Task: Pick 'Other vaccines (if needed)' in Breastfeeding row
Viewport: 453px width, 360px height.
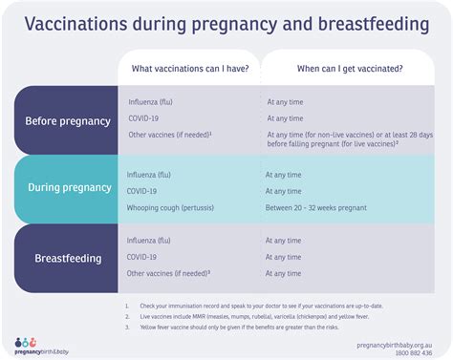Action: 168,273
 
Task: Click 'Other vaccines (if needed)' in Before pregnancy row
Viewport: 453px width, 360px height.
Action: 168,135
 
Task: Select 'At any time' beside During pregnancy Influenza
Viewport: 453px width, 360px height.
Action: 283,175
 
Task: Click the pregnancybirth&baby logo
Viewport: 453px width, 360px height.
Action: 42,346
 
